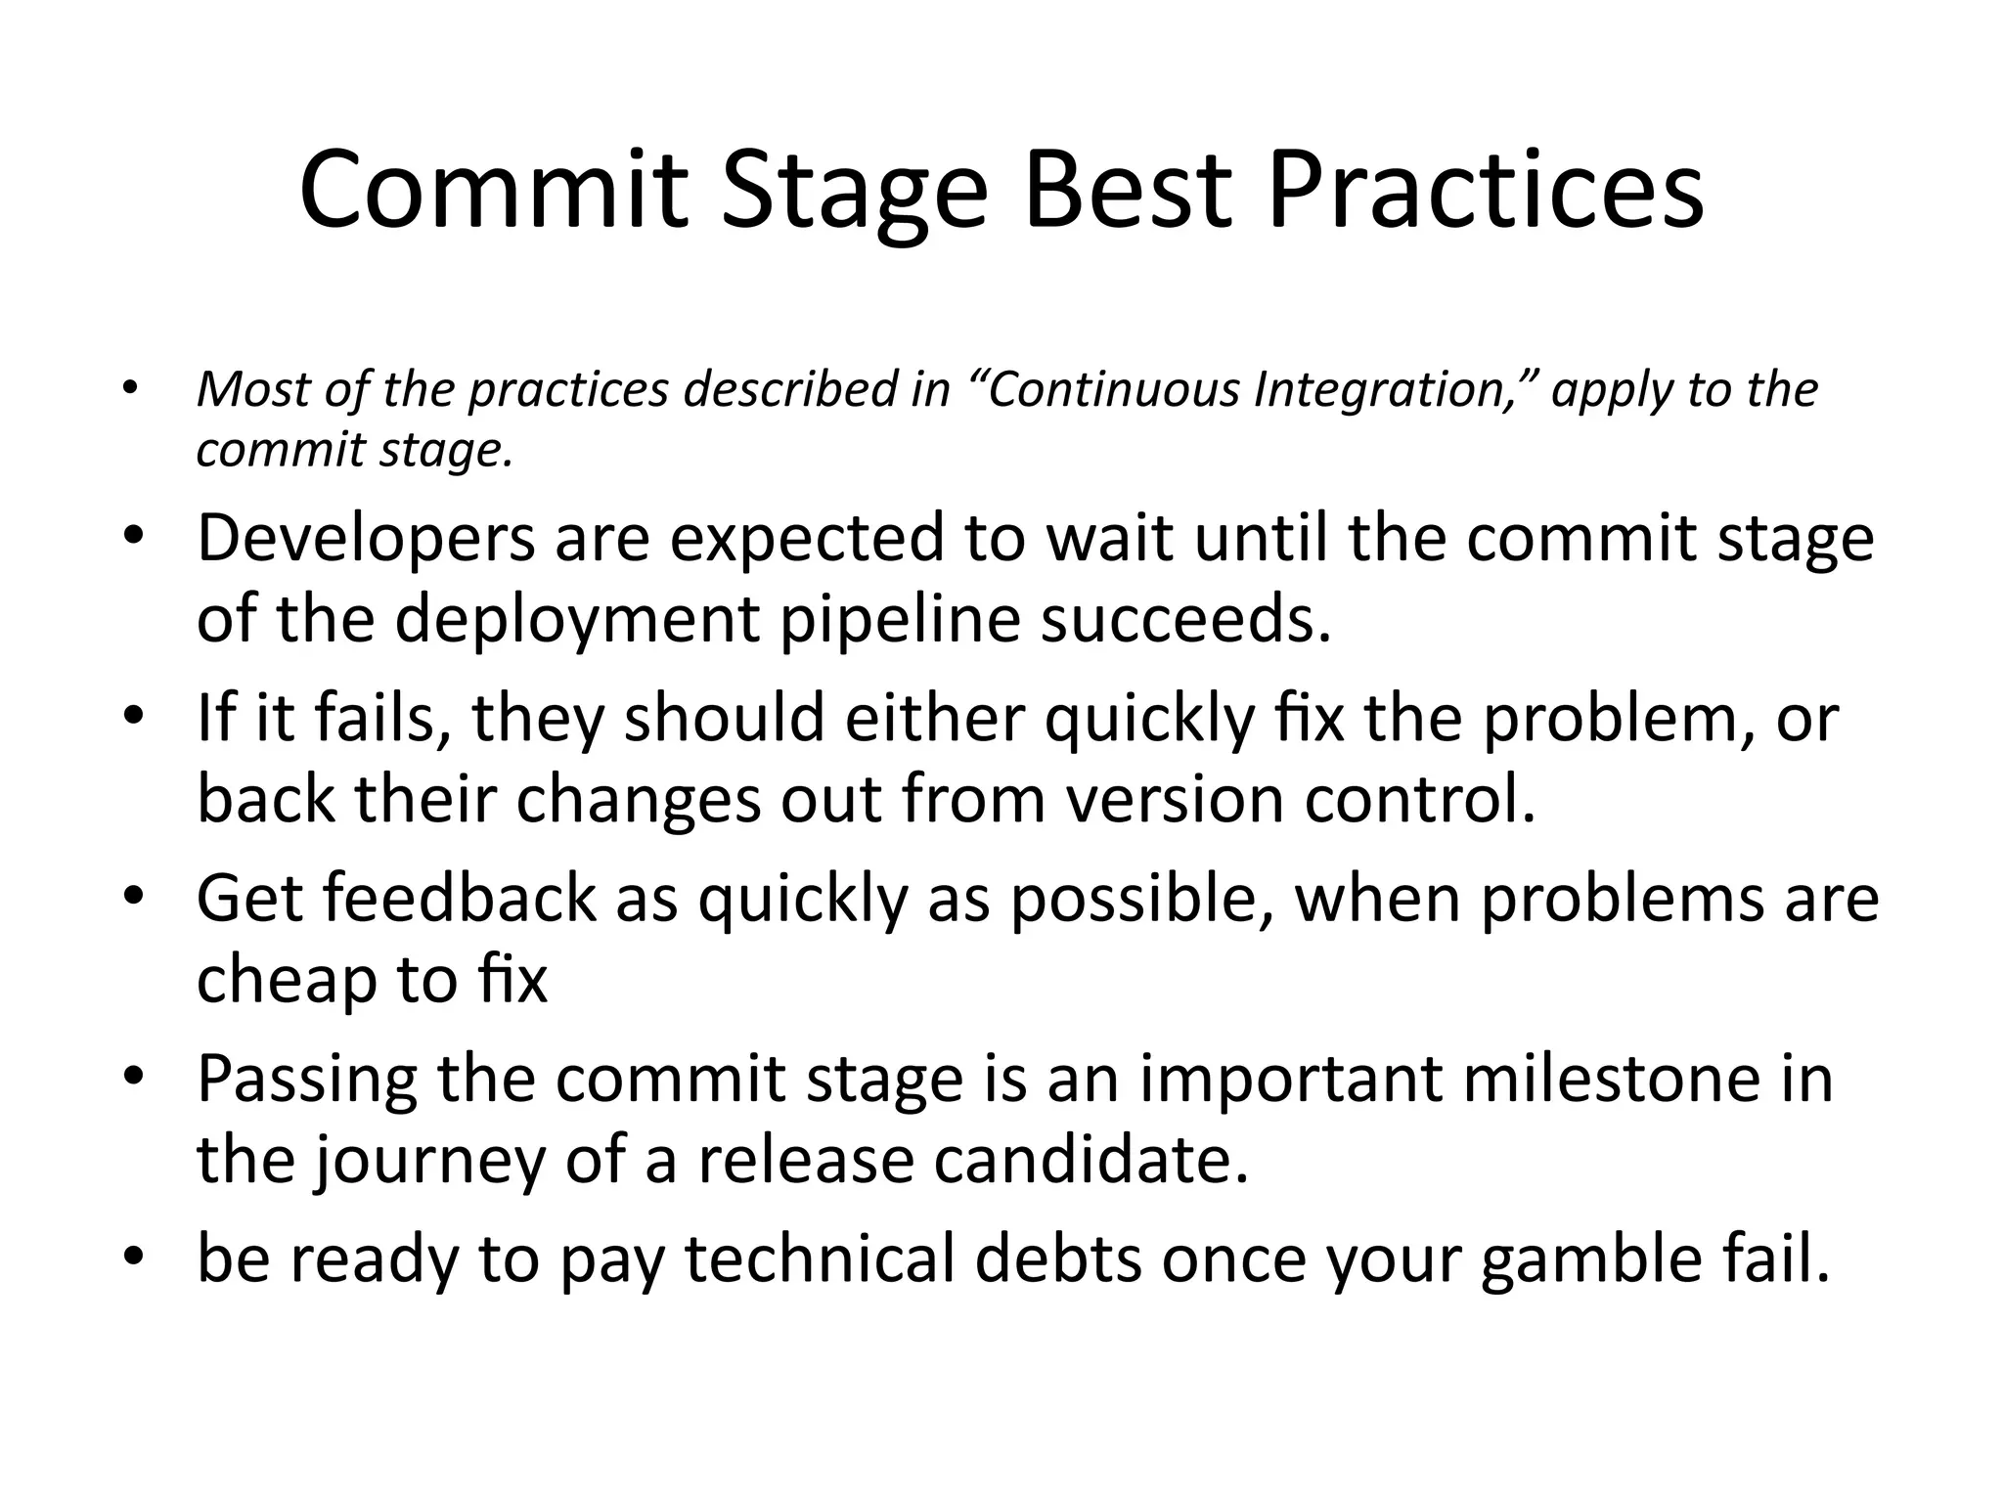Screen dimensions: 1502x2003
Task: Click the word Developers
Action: click(366, 540)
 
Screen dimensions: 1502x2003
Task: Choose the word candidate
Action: click(1091, 1160)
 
